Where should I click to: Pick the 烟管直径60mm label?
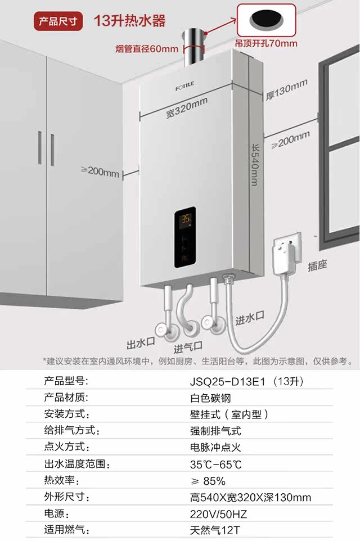pos(147,49)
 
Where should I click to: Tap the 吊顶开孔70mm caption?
pos(266,43)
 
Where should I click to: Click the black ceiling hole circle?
pos(267,19)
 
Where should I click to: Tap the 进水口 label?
pos(250,319)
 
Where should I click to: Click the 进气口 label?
pos(188,346)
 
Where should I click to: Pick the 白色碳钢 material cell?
pos(210,398)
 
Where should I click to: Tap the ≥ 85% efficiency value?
pos(208,481)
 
